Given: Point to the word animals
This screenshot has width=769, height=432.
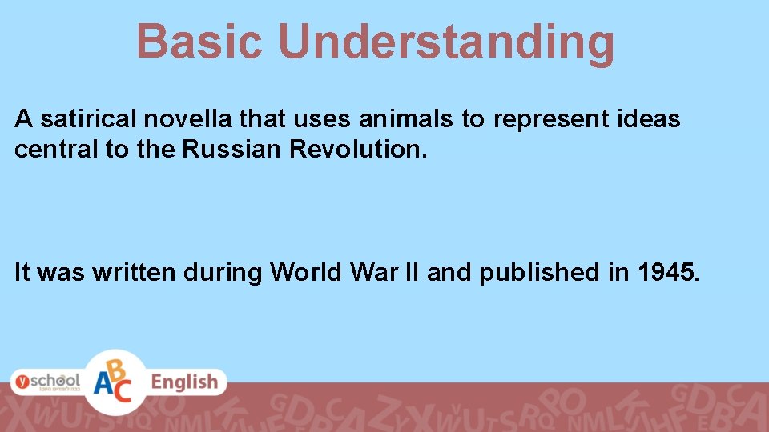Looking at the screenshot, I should click(407, 120).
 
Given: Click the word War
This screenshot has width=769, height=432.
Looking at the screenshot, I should click(372, 273).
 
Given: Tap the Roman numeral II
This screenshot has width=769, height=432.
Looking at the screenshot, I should click(411, 273).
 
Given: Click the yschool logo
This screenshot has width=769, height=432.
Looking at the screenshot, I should click(46, 382).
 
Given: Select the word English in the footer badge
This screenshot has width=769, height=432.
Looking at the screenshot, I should click(184, 382).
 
